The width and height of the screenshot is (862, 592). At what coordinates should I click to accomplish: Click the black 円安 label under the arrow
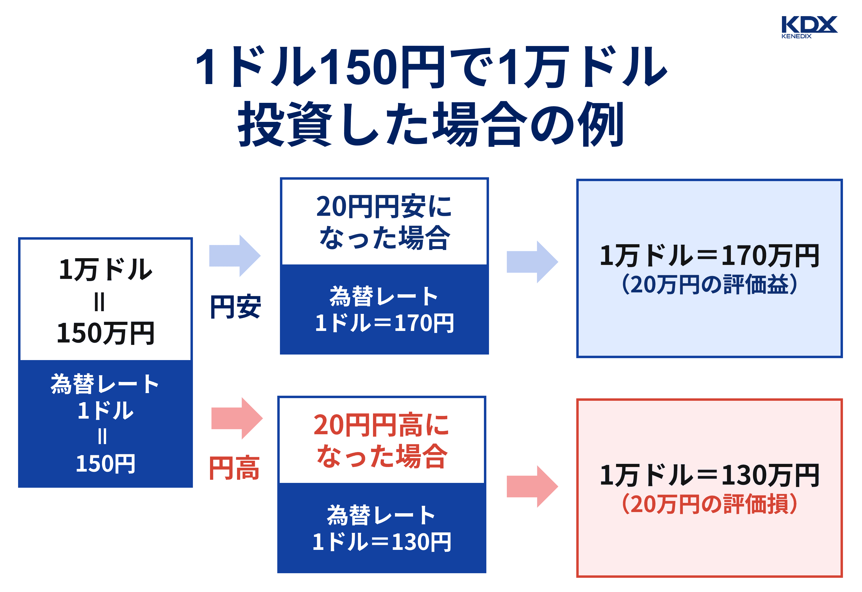pyautogui.click(x=235, y=307)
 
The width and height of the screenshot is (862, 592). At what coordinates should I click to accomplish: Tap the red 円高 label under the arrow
pyautogui.click(x=234, y=468)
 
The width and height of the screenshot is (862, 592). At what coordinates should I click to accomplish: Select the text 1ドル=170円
pyautogui.click(x=384, y=323)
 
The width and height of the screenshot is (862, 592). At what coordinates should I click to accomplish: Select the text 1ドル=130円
pyautogui.click(x=382, y=542)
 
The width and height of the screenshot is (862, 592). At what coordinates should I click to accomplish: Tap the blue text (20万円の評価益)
pyautogui.click(x=709, y=284)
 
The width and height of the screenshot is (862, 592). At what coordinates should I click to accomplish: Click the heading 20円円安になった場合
pyautogui.click(x=384, y=222)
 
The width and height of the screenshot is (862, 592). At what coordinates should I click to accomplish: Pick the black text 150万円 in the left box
pyautogui.click(x=105, y=333)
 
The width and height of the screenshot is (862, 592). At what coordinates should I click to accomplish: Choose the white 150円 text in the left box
pyautogui.click(x=105, y=464)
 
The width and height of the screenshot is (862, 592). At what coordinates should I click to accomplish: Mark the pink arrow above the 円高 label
pyautogui.click(x=237, y=418)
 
